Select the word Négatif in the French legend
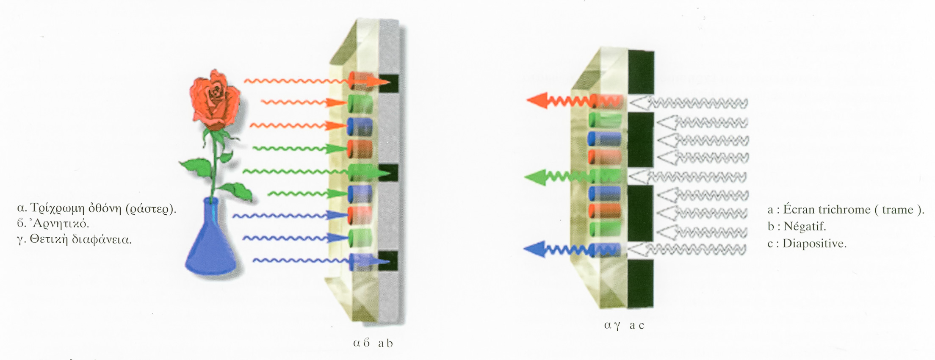tap(805, 226)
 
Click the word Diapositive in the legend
tap(814, 243)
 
